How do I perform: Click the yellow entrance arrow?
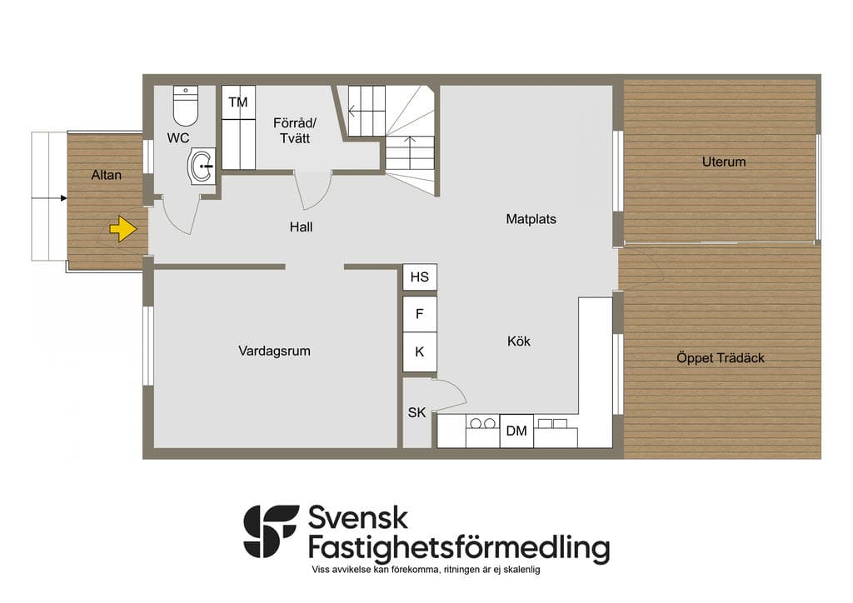pos(123,229)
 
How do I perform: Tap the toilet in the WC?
pos(186,106)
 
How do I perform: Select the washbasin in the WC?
pos(202,167)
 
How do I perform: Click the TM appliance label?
pos(237,102)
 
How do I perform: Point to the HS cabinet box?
pos(420,277)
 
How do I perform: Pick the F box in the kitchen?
pos(420,314)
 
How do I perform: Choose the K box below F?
pos(420,351)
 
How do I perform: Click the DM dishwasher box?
pos(516,431)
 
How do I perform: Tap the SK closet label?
pos(417,413)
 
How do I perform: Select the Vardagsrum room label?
pos(274,351)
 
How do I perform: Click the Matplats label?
pos(531,219)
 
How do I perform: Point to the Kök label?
pos(518,341)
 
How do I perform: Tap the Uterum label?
pos(724,162)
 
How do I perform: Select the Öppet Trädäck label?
pos(721,358)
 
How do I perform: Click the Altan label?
pos(106,175)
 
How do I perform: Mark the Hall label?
pos(301,227)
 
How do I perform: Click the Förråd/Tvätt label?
pos(295,131)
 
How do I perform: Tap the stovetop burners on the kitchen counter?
pos(483,423)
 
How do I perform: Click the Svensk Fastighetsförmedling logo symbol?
pos(271,531)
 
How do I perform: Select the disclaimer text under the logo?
pos(426,570)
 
